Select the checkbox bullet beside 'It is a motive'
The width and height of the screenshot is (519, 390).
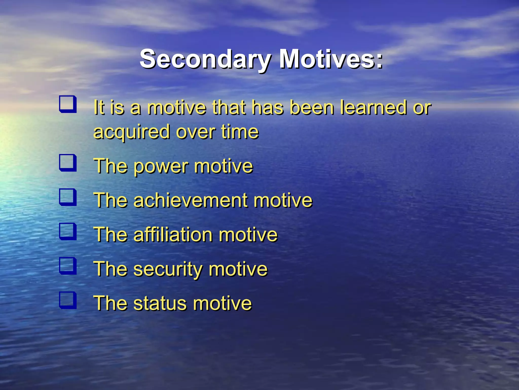click(x=68, y=104)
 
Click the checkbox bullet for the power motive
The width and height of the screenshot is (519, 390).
click(x=68, y=163)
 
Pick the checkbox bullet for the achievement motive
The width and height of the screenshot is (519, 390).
click(x=68, y=197)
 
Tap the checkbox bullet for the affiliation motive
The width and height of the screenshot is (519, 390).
click(x=68, y=231)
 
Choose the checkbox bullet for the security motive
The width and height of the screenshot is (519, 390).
click(x=68, y=266)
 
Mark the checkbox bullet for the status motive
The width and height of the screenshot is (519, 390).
click(x=68, y=300)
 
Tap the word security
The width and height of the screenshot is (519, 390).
click(x=167, y=269)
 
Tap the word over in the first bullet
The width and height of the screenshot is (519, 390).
click(x=195, y=132)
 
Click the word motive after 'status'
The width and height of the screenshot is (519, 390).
click(x=222, y=303)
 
